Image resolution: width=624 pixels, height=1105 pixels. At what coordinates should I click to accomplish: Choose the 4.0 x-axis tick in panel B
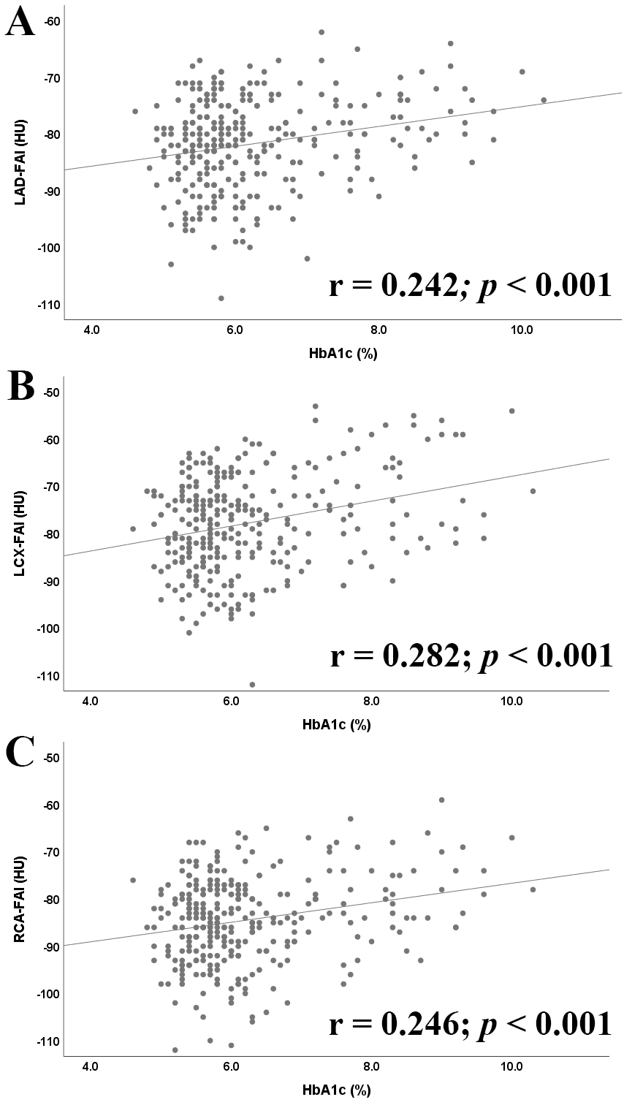pos(90,702)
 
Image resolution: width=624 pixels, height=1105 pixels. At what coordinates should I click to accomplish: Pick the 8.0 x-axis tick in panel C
pos(370,1070)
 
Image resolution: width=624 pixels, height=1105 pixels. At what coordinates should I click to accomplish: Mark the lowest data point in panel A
pos(221,297)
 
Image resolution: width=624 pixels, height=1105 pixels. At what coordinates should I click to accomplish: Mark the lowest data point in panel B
pos(252,684)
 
